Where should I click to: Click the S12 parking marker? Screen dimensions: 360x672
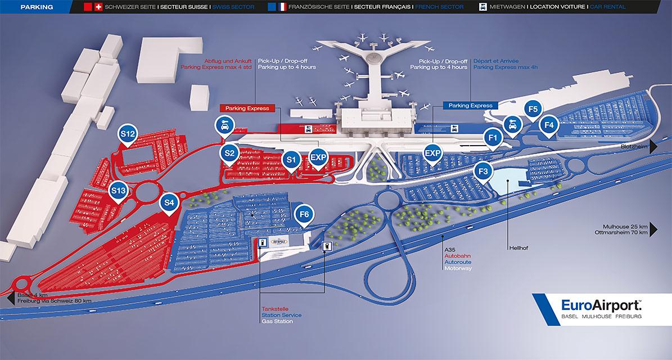pos(128,134)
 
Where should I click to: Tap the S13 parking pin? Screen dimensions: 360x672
pos(118,191)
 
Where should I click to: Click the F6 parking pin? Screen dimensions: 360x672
pos(304,214)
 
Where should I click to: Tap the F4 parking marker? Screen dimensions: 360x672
pos(549,124)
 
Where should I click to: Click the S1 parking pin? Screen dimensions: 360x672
pos(291,160)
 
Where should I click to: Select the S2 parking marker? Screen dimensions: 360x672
pos(229,152)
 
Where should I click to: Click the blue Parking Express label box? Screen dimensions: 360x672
pos(470,105)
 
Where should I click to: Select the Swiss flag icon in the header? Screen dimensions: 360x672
pos(98,7)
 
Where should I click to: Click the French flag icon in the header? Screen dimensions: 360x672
pos(282,7)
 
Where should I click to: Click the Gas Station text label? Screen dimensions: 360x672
pos(274,322)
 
